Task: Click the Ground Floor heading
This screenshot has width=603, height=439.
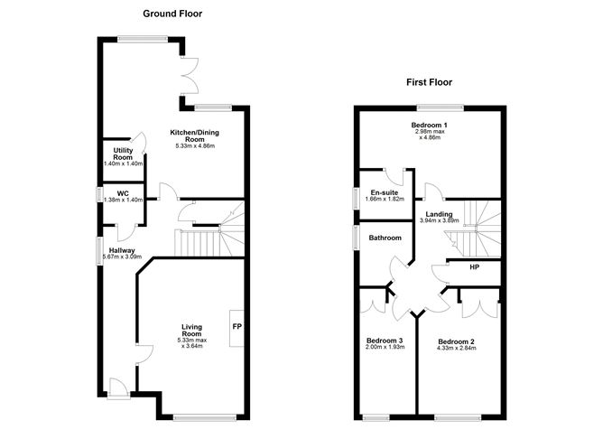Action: (x=172, y=14)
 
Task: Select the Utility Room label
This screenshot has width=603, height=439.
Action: (x=124, y=153)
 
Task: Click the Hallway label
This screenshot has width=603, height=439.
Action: (x=122, y=250)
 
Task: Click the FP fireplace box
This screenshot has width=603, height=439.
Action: (x=237, y=326)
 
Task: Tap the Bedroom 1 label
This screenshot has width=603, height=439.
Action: (x=430, y=125)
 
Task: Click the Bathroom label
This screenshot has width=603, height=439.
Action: (x=385, y=238)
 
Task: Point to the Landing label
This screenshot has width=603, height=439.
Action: (x=439, y=214)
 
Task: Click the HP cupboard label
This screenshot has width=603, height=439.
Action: (x=474, y=268)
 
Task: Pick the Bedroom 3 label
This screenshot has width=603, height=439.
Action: (x=385, y=341)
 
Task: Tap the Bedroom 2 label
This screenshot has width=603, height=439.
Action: (x=457, y=341)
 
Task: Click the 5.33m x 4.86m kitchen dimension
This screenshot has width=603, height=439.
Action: (x=195, y=147)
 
